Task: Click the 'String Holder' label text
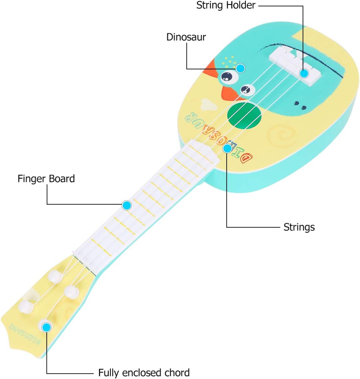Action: [226, 6]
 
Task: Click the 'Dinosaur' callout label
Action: [186, 37]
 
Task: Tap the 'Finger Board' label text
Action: [46, 179]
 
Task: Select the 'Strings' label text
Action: [299, 227]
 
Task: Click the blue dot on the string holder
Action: [304, 73]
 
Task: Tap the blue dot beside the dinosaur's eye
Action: [241, 68]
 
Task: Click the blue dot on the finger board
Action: [126, 205]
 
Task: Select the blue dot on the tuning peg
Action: [47, 327]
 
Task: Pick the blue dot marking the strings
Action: [227, 148]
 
